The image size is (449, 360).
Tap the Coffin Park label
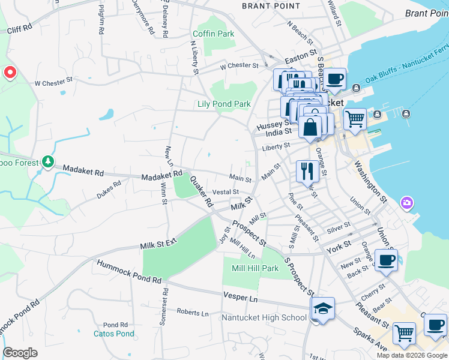tap(214, 34)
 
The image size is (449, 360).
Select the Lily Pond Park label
tap(224, 104)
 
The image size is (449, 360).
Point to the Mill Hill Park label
tap(255, 268)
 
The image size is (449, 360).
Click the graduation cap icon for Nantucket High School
tap(323, 309)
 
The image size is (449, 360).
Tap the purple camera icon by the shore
tap(408, 203)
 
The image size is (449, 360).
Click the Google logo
tap(20, 353)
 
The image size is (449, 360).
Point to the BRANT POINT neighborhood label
tap(270, 6)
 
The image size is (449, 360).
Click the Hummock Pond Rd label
tap(129, 272)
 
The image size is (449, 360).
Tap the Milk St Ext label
tap(159, 245)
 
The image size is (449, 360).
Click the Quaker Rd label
tap(201, 191)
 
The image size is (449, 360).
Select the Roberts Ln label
tap(193, 313)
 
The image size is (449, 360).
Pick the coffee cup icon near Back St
tap(387, 260)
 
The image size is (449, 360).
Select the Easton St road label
tap(301, 58)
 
